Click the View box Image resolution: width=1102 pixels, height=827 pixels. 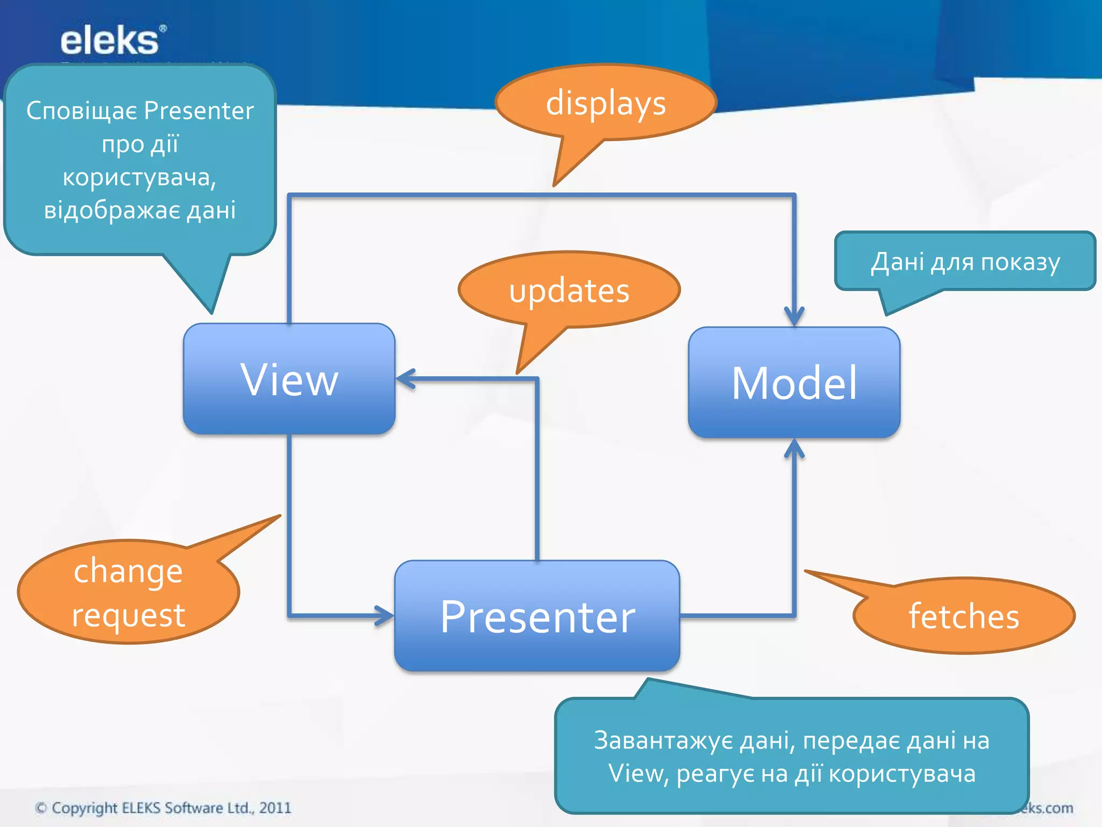coord(289,379)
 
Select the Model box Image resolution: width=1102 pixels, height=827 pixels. coord(794,383)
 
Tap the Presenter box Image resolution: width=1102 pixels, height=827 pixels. coord(537,616)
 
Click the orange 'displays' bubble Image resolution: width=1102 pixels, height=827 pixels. coord(606,103)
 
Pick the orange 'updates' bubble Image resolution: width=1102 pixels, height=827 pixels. coord(569,291)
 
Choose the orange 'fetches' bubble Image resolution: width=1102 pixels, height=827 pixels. coord(964,616)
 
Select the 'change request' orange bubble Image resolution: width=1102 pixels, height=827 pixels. coord(128,592)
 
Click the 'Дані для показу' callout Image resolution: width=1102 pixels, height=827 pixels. coord(965,262)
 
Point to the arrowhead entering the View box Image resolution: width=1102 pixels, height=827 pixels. coord(405,379)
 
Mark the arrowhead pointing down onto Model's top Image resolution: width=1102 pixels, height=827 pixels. coord(794,318)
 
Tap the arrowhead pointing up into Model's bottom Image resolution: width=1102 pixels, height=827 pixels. coord(794,448)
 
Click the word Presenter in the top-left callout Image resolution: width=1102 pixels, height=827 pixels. coord(199,111)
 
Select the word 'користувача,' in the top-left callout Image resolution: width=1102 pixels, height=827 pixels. coord(139,178)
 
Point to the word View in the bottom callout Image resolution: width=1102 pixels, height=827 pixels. coord(636,774)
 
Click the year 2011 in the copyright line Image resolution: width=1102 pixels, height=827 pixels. coord(275,808)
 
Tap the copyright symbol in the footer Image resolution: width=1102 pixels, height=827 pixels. coord(40,808)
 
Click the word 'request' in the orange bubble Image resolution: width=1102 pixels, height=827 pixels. coord(128,615)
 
